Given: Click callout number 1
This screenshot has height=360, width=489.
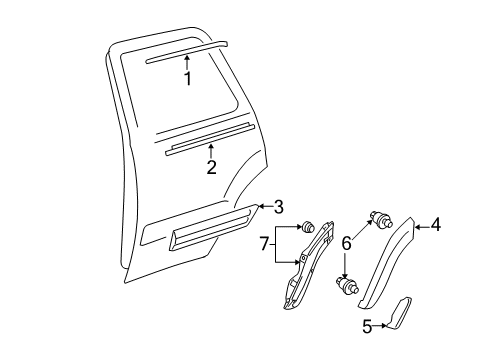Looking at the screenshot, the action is click(x=188, y=79).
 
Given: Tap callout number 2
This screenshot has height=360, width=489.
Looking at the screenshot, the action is click(x=212, y=167).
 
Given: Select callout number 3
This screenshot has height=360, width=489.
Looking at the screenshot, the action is click(x=278, y=207).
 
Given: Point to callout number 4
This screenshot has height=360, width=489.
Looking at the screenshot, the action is click(x=435, y=224).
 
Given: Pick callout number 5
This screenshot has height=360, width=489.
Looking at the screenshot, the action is click(x=367, y=326).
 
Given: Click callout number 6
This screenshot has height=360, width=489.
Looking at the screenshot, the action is click(x=347, y=243).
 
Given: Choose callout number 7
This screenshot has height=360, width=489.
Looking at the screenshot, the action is click(x=264, y=244).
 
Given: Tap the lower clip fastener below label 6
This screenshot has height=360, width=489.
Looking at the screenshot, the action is click(x=348, y=285).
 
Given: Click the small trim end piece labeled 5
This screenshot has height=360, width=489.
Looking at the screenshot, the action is click(x=399, y=313).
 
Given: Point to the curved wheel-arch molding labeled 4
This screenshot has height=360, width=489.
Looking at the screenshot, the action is click(x=387, y=263).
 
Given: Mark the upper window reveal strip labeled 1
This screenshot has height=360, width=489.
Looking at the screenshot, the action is click(x=187, y=52).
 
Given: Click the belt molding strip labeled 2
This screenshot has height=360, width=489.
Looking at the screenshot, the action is click(x=210, y=139).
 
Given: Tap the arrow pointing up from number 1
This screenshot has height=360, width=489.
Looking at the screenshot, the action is click(x=187, y=63).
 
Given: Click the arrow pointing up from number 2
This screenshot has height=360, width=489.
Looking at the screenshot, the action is click(x=211, y=151).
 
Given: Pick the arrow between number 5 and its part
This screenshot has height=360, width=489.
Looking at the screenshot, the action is click(x=379, y=326).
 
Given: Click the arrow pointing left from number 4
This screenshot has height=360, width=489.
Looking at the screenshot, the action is click(x=422, y=227).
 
